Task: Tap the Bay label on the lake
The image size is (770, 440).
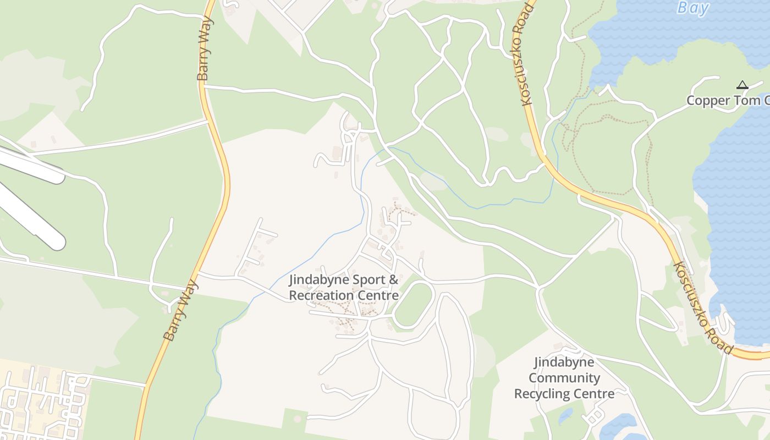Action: (x=693, y=8)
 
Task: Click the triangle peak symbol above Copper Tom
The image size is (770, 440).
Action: (x=742, y=85)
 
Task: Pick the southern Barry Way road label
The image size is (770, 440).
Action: (x=180, y=310)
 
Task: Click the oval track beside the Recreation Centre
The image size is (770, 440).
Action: (x=414, y=305)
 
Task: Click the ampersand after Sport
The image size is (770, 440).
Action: (x=393, y=280)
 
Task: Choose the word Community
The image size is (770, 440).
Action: (x=564, y=378)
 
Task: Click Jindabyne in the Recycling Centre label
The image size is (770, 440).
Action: (x=564, y=362)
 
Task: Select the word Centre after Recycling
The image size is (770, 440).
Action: (x=593, y=394)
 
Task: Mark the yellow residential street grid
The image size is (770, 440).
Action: (x=41, y=402)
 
